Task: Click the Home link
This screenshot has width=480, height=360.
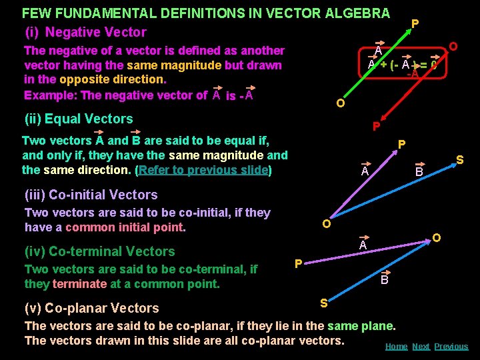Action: click(397, 346)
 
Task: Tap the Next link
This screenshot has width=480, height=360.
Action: click(421, 346)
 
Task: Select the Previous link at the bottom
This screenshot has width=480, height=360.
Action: click(451, 346)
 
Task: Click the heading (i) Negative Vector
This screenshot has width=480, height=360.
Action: click(85, 32)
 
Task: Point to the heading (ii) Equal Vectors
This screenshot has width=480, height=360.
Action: click(79, 119)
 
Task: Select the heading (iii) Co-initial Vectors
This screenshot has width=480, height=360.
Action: click(91, 195)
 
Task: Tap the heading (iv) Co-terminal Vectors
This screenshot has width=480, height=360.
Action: click(99, 251)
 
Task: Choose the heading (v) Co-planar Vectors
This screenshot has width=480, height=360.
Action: click(91, 308)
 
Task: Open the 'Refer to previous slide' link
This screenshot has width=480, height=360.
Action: click(203, 169)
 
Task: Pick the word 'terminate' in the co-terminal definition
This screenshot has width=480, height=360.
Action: click(79, 284)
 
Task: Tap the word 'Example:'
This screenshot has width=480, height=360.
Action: click(50, 95)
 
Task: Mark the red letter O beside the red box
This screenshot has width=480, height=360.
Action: click(453, 46)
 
